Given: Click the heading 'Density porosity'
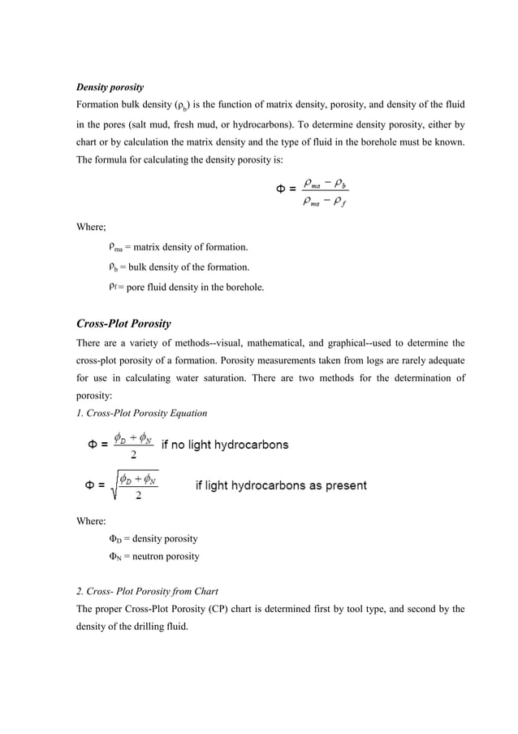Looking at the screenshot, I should pyautogui.click(x=110, y=86).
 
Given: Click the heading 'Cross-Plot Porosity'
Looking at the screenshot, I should pyautogui.click(x=123, y=324).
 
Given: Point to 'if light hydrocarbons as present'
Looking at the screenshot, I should pyautogui.click(x=280, y=486).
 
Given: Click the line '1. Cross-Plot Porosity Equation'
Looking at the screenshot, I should pyautogui.click(x=141, y=413).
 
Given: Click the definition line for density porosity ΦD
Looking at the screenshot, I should pyautogui.click(x=153, y=538).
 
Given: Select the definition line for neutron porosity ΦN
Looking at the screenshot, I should pyautogui.click(x=154, y=557).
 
